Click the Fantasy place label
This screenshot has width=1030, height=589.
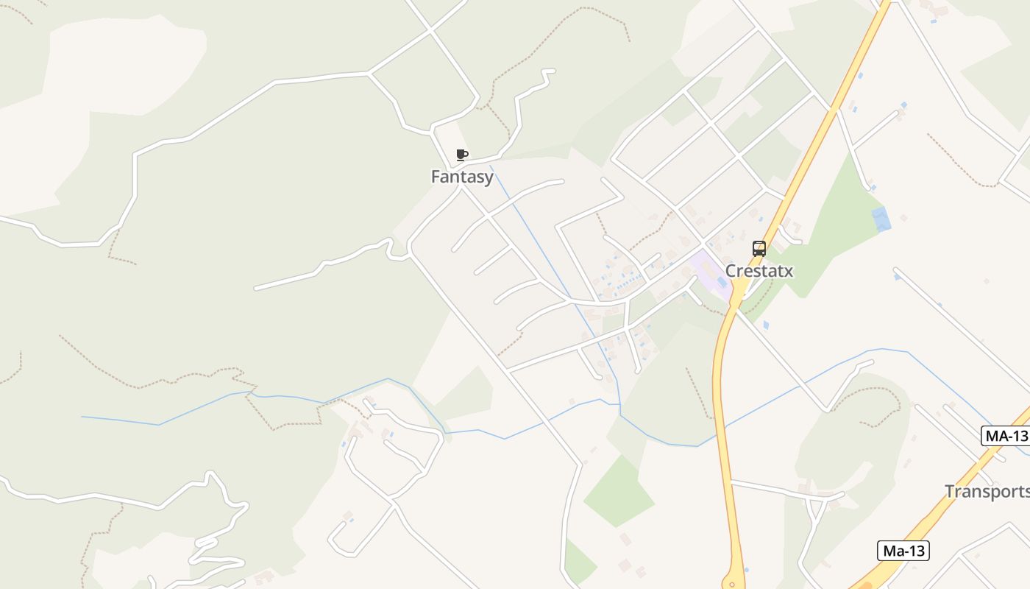click(462, 177)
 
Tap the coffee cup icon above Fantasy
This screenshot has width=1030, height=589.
click(461, 155)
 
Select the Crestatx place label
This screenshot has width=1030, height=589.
click(759, 271)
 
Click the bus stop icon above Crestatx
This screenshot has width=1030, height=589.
click(759, 249)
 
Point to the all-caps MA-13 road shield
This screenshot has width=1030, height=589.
click(1006, 435)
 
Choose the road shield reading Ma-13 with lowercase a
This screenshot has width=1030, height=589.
click(903, 550)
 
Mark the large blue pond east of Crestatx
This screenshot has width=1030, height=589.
click(880, 219)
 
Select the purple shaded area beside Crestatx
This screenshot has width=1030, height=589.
click(710, 272)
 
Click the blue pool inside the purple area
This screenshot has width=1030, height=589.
click(722, 282)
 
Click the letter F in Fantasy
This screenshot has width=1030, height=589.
click(436, 177)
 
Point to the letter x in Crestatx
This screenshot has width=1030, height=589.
click(789, 271)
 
